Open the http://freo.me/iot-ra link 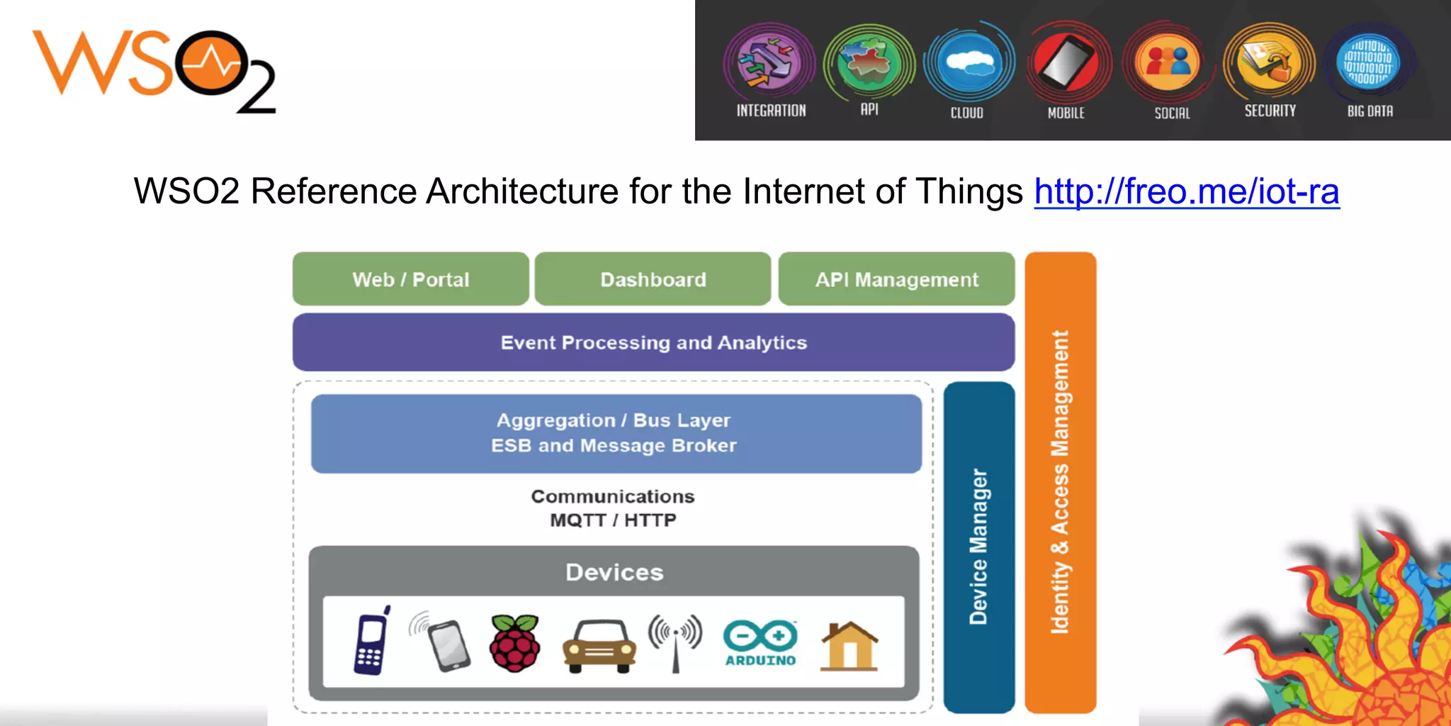pos(1186,191)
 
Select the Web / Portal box pos(411,279)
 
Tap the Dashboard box pos(653,279)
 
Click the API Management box pos(896,279)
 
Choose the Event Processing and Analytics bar pos(653,342)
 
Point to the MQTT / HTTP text pos(613,520)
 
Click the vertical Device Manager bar pos(978,546)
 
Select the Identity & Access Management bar pos(1060,482)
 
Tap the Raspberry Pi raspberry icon pos(515,643)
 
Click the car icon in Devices pos(599,645)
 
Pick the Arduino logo pos(760,642)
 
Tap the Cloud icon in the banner pos(969,62)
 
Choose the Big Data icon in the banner pos(1369,62)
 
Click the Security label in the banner pos(1270,111)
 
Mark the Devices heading pos(614,572)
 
